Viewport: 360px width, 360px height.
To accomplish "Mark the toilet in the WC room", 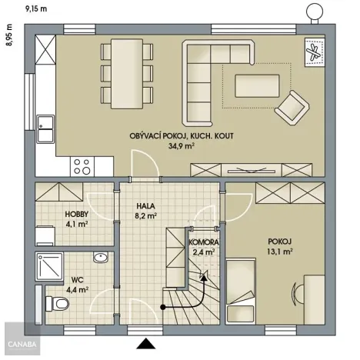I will click(54, 304).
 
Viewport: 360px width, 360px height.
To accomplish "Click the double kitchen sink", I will click(45, 128).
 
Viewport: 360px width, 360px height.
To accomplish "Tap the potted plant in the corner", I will click(315, 52).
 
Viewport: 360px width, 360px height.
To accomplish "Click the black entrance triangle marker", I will click(145, 342).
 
